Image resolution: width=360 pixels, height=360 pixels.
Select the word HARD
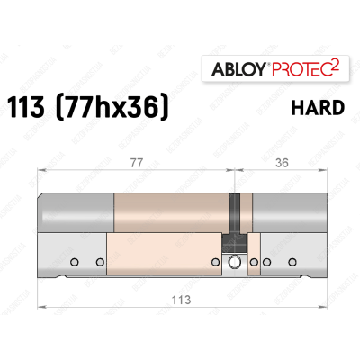pyautogui.click(x=317, y=108)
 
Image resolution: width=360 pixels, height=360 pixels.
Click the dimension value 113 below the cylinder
pyautogui.click(x=183, y=303)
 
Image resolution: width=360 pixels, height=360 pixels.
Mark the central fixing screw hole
pyautogui.click(x=236, y=263)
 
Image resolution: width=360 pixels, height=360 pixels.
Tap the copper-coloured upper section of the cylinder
pyautogui.click(x=171, y=212)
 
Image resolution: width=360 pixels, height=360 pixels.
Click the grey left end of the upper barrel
pyautogui.click(x=76, y=212)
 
